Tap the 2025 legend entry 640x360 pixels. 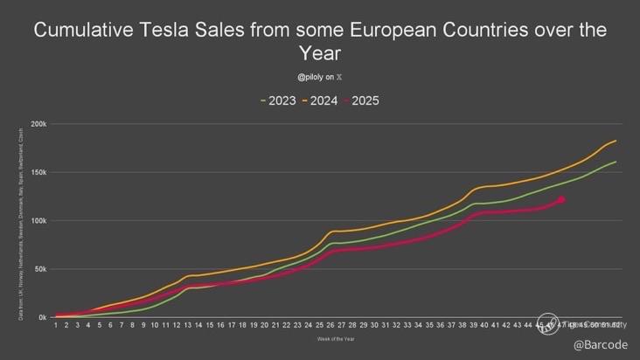coord(365,100)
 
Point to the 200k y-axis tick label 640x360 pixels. coord(38,124)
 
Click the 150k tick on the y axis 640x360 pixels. coord(38,172)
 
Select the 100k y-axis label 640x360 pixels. coord(38,220)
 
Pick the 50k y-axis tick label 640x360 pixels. coord(40,269)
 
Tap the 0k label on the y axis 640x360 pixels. coord(42,317)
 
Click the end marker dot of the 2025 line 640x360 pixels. coord(561,200)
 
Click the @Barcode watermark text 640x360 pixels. coord(600,345)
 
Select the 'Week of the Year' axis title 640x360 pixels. coord(336,339)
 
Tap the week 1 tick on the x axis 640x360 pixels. coord(56,325)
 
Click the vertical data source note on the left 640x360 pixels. coord(20,224)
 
